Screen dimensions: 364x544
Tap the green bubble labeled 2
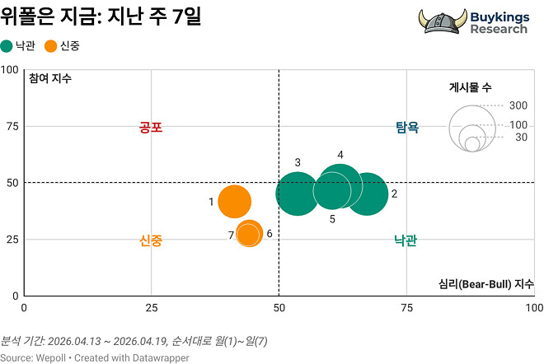coord(368,194)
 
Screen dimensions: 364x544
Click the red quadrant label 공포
coord(151,128)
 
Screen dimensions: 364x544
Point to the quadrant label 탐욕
coord(407,128)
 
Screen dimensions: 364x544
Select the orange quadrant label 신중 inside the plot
coord(151,240)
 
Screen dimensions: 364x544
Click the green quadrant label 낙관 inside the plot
coord(406,240)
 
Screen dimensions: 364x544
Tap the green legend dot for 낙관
coord(7,46)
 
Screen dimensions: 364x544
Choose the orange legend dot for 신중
coord(51,46)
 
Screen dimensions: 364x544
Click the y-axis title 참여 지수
coord(50,79)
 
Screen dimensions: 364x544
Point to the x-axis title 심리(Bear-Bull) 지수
coord(486,284)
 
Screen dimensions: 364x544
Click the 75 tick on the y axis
coord(12,126)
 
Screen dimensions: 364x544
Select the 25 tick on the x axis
coord(151,307)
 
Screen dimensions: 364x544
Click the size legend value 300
coord(518,105)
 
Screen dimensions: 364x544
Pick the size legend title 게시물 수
coord(471,87)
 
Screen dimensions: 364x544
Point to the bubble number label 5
coord(332,219)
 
